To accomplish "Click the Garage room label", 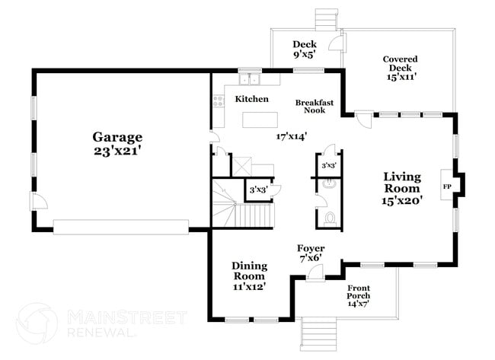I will [117, 137].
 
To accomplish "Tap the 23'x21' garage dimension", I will [117, 151].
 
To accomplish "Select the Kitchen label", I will [251, 100].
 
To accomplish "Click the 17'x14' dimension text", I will [291, 137].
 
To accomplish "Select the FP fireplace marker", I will [446, 185].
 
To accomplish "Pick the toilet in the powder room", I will [329, 218].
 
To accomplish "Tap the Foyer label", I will [311, 249].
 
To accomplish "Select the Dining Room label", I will [249, 271].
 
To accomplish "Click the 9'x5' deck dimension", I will [304, 55].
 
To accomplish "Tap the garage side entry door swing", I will [39, 202].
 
